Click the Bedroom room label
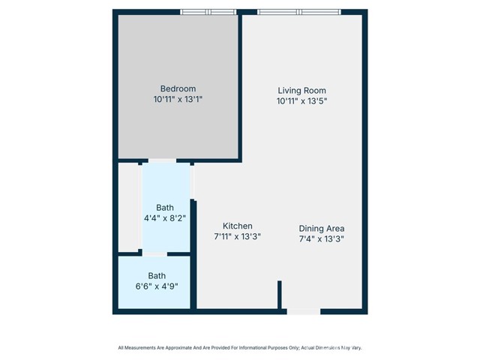pos(178,88)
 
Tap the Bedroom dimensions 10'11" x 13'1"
pos(178,98)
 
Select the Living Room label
pos(302,90)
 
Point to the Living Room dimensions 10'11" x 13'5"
pos(302,100)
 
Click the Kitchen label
pos(237,226)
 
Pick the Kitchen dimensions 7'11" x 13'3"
pos(237,236)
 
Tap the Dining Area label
pos(322,229)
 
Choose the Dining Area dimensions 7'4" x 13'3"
pos(322,239)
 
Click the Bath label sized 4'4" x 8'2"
pos(165,208)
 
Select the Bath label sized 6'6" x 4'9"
pos(157,275)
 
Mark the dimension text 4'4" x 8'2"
pos(165,218)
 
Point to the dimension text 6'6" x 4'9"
pos(157,286)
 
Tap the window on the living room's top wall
pos(298,12)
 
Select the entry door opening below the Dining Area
pos(303,310)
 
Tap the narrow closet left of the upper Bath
pos(130,206)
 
